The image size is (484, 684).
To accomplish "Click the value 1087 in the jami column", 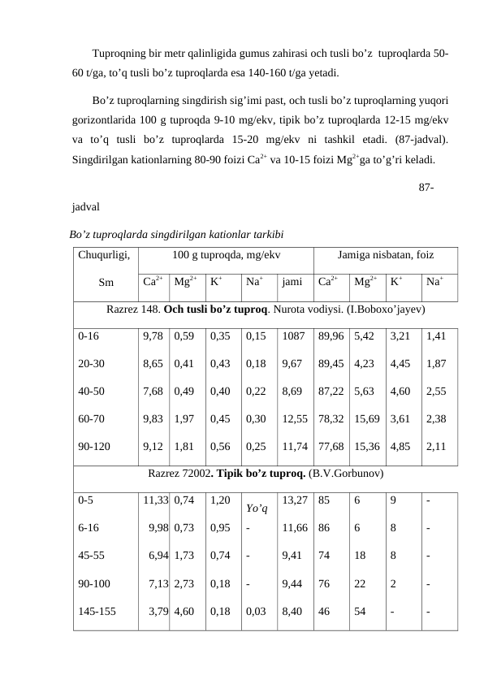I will tap(292, 334).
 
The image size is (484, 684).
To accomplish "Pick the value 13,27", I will tap(295, 500).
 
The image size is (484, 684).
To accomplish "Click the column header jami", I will tap(292, 284).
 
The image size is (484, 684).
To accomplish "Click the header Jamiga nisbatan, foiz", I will tap(385, 255).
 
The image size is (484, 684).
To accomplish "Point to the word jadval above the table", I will tap(86, 209).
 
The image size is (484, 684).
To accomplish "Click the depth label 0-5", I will tap(86, 500).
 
